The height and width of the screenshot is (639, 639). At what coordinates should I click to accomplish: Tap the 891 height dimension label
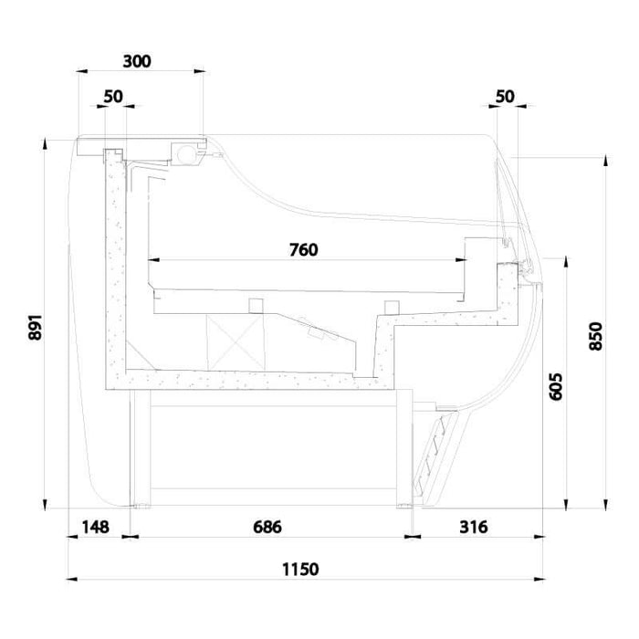tap(36, 329)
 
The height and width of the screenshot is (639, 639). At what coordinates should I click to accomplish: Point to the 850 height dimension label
tap(596, 336)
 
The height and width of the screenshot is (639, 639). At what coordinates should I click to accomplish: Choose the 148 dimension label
tap(95, 527)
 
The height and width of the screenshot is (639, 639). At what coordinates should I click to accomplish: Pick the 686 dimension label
tap(267, 527)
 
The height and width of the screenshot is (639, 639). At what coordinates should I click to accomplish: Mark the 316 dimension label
tap(473, 527)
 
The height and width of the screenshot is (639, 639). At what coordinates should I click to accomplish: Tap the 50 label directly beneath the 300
tap(114, 96)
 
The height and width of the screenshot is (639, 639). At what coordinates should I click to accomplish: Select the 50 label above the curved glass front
tap(505, 96)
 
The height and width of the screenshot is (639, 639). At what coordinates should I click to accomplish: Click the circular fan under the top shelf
tap(193, 153)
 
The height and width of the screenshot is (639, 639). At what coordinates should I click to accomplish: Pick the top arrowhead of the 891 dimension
tap(45, 142)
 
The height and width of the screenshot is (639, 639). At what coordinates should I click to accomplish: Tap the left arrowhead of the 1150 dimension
tap(72, 579)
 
